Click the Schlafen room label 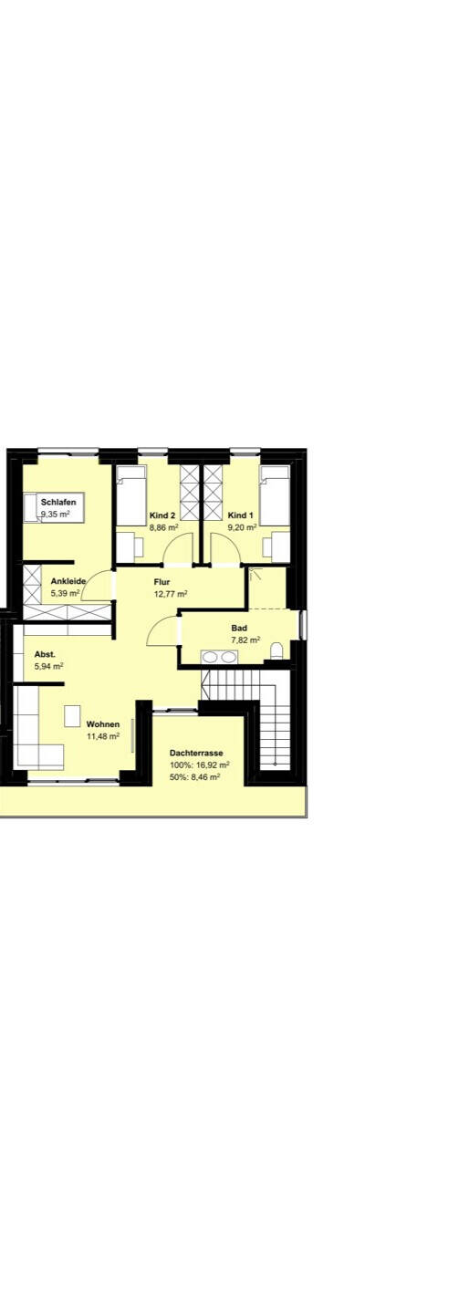[x=58, y=502]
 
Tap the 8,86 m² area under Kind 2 [x=163, y=526]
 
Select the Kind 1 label [x=240, y=515]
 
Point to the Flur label [x=162, y=582]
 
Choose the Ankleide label [x=68, y=581]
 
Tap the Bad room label [x=239, y=628]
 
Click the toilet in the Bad [x=277, y=650]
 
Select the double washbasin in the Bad [x=219, y=657]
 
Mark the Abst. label [x=45, y=654]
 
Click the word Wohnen [x=103, y=723]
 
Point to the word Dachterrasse [x=196, y=753]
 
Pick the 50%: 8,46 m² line [x=194, y=777]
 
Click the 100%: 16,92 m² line [x=200, y=765]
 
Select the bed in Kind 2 [x=131, y=496]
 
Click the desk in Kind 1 [x=281, y=547]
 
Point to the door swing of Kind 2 [x=177, y=547]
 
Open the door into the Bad [x=164, y=630]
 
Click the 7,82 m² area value [x=245, y=640]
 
